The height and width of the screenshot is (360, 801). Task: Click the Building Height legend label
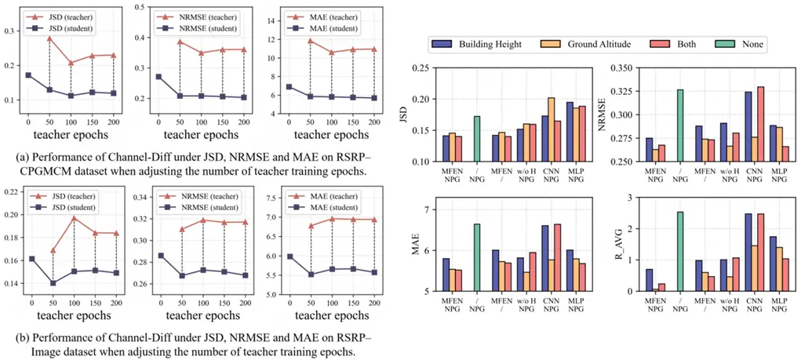click(490, 45)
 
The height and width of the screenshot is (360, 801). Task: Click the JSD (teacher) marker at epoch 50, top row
click(49, 38)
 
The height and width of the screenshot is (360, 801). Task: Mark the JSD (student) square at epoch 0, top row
click(28, 75)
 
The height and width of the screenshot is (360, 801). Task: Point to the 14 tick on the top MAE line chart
click(273, 20)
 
